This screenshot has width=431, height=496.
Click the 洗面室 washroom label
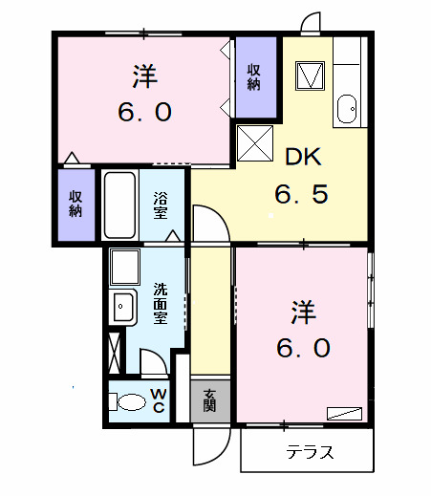pyautogui.click(x=162, y=303)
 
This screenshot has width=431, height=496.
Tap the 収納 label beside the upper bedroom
pyautogui.click(x=254, y=76)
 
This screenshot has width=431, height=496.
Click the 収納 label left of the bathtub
pyautogui.click(x=75, y=202)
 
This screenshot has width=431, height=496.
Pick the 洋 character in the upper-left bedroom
pyautogui.click(x=145, y=75)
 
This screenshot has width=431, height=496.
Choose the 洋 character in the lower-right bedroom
pyautogui.click(x=304, y=312)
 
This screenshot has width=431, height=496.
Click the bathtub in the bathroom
pyautogui.click(x=119, y=205)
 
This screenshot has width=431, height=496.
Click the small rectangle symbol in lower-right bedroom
pyautogui.click(x=343, y=413)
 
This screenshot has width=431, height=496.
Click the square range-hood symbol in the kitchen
pyautogui.click(x=311, y=74)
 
